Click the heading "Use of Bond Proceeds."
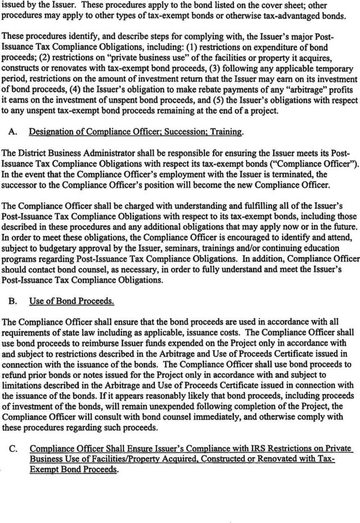coord(72,301)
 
